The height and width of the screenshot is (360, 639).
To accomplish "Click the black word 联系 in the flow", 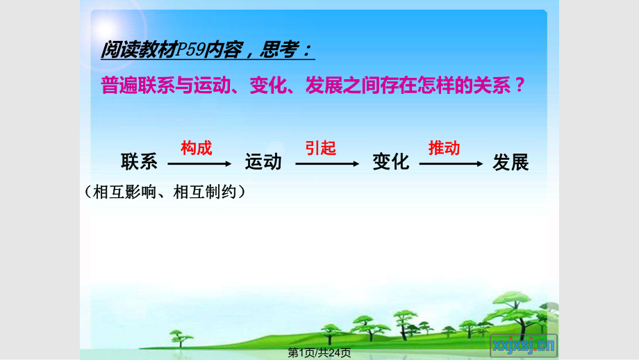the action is (x=139, y=162).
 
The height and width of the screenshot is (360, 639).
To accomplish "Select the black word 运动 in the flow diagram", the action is (x=263, y=162).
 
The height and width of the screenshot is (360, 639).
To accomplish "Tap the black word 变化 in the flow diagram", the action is (x=391, y=162).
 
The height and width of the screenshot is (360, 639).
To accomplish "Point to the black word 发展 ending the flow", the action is (x=511, y=162).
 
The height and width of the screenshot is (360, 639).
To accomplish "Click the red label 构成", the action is (x=197, y=148).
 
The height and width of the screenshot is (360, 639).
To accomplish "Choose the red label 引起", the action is (x=321, y=148).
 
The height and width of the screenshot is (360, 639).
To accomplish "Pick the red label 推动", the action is (x=445, y=148).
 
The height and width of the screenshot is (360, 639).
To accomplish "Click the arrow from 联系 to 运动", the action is (x=199, y=164).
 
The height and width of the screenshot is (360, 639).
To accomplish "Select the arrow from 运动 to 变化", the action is (x=327, y=164).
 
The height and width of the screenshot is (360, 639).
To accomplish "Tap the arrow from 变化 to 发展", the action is (x=451, y=164).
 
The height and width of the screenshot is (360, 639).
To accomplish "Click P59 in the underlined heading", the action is (x=190, y=50).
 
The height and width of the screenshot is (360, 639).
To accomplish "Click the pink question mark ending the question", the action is (x=520, y=85).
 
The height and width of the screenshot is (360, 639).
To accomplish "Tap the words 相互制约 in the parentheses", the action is (x=205, y=192).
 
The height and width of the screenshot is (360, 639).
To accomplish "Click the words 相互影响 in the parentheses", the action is (x=125, y=192).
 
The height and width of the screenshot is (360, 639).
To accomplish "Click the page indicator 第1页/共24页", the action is (x=319, y=352).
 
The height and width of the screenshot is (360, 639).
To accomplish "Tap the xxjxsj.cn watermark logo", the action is (x=524, y=345).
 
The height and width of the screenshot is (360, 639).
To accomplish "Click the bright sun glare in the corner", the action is (x=107, y=29).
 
